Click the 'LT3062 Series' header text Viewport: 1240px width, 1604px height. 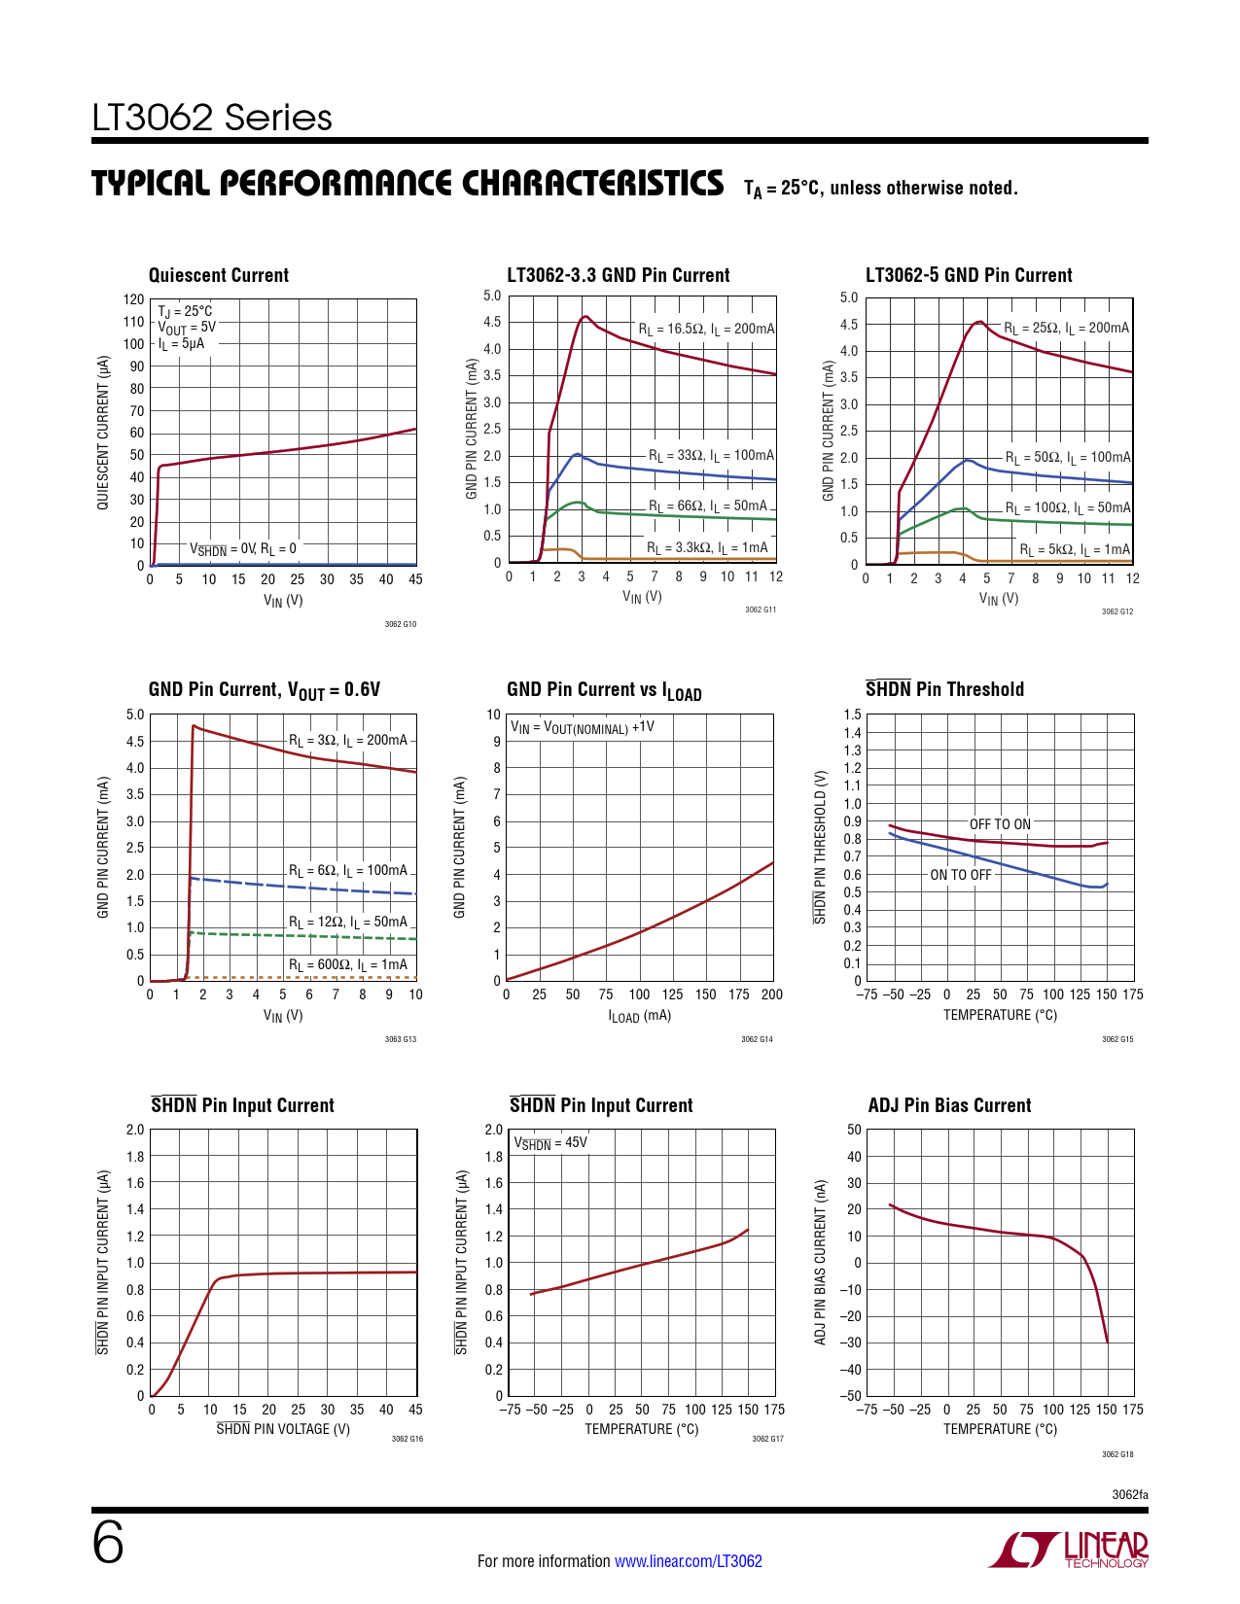pos(212,118)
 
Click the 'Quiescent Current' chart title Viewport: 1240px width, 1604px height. pos(219,275)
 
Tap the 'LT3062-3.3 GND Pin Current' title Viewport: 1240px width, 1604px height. pos(619,275)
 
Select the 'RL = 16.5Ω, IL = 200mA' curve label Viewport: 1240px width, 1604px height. pos(706,329)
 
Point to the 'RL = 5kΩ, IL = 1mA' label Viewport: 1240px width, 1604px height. pos(1075,550)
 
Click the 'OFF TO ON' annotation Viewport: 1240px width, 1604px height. pos(1000,824)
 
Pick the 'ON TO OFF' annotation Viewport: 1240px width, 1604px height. pos(961,875)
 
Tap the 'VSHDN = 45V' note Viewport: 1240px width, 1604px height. pos(550,1143)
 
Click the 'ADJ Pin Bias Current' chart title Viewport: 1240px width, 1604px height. pos(949,1105)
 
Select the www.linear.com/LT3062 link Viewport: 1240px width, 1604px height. pos(689,1561)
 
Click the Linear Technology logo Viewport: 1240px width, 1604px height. pos(1069,1549)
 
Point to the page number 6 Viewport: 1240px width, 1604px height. pos(108,1543)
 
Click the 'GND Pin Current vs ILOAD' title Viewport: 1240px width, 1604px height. pos(604,690)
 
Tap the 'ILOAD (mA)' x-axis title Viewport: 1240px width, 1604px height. pos(640,1016)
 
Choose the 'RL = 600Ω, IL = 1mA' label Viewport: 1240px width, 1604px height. pos(348,964)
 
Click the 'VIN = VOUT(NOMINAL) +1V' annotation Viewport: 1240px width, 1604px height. pos(583,727)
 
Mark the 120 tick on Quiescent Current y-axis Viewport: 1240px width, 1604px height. pos(133,299)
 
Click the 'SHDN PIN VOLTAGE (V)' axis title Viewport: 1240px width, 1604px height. pos(283,1429)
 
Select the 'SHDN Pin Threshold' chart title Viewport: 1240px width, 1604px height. pos(944,689)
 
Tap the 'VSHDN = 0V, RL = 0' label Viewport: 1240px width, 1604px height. pos(243,549)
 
